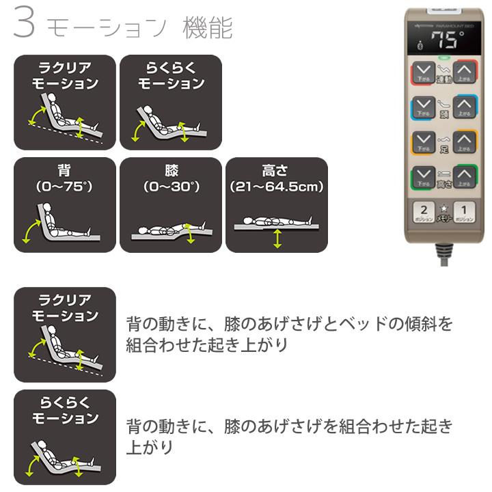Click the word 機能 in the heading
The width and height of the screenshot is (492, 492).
point(208,28)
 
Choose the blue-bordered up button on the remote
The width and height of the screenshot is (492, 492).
point(465,107)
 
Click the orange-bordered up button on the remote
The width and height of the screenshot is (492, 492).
point(465,142)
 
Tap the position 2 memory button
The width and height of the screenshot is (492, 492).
point(424,213)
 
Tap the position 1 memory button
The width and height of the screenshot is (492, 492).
point(465,213)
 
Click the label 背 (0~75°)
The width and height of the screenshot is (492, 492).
point(64,178)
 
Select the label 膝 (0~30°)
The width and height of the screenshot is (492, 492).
point(170,178)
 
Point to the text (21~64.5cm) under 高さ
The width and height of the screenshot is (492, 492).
point(276,186)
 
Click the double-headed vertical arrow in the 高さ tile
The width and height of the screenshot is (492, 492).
point(276,239)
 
